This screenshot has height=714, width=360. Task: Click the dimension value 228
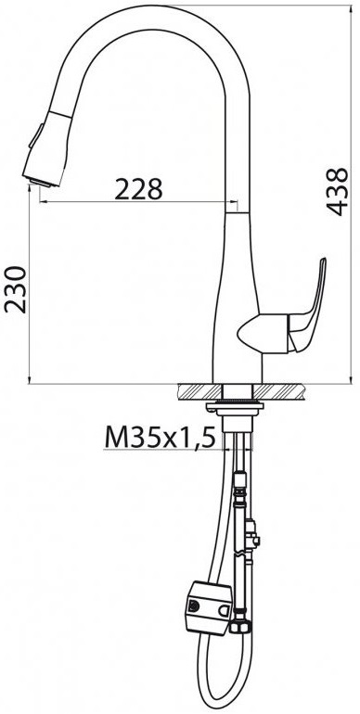[x=138, y=189]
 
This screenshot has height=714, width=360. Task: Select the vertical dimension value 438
[x=338, y=191]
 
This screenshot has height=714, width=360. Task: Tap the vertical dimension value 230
[x=16, y=289]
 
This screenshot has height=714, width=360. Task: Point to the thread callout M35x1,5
[x=160, y=438]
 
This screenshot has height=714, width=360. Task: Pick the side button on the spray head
[x=36, y=135]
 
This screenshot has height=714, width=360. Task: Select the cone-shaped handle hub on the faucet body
[x=263, y=334]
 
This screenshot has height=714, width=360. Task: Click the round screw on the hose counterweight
[x=194, y=606]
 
